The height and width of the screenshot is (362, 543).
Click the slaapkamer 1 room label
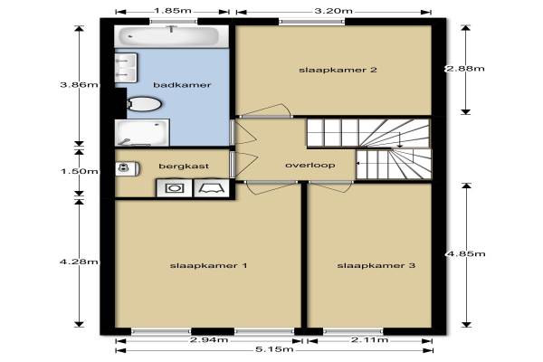(x=208, y=266)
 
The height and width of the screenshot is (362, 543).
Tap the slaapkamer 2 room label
(x=338, y=70)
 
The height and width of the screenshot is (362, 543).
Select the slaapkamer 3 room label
(x=376, y=266)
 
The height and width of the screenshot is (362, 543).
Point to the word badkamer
(x=182, y=85)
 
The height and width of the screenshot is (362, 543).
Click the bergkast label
(x=184, y=167)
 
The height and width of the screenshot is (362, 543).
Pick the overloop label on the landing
(x=310, y=166)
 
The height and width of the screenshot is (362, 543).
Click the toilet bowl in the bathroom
(x=144, y=104)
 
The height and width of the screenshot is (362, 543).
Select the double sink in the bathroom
(x=126, y=68)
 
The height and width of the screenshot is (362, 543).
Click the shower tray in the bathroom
(x=142, y=133)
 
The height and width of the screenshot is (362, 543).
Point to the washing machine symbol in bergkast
(x=174, y=188)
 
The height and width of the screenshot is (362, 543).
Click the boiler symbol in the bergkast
(x=128, y=168)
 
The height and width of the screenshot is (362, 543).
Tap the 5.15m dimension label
(x=274, y=349)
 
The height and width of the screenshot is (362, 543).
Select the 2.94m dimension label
(x=209, y=340)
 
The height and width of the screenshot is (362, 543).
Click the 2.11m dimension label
(x=369, y=340)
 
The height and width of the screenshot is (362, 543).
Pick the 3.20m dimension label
(x=333, y=11)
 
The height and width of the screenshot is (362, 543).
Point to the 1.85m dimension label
(x=173, y=11)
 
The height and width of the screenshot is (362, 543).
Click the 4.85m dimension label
(x=466, y=254)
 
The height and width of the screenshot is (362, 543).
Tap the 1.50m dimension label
(x=80, y=171)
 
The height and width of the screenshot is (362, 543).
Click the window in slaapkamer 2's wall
(x=312, y=22)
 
